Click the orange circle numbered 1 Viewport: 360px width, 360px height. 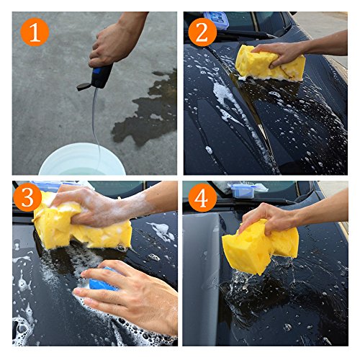coord(35,32)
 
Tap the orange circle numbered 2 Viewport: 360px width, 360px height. coord(202,32)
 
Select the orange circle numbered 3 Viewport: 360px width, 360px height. coord(27,197)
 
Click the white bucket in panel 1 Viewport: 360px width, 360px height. coord(82,159)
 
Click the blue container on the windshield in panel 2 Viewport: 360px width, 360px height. coord(216,19)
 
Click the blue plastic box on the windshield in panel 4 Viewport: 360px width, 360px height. coord(243,191)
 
